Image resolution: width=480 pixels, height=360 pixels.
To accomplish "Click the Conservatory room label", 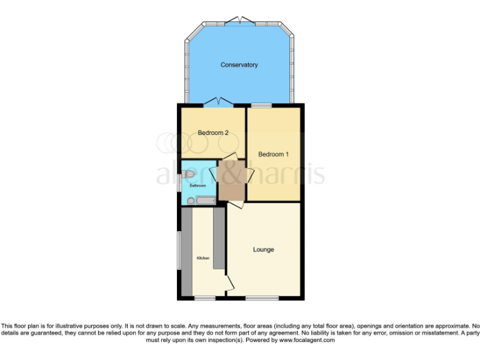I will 239,65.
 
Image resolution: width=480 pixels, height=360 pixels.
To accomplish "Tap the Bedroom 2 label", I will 213,132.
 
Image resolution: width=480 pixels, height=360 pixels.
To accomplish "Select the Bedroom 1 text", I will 273,154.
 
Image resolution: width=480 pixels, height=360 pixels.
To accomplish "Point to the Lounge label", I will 263,250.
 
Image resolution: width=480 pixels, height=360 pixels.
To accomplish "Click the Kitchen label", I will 202,257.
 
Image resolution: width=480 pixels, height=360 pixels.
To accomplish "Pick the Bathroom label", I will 197,185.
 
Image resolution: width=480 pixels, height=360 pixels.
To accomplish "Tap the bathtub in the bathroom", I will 205,200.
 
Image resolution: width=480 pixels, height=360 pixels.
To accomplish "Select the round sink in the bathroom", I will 191,201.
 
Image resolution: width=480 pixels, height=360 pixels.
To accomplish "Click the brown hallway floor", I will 231,179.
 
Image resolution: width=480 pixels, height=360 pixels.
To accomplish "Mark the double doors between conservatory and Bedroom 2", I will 218,102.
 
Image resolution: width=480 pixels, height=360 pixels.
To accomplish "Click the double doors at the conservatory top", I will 240,22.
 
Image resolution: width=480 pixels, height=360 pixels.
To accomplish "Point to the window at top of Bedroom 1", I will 261,105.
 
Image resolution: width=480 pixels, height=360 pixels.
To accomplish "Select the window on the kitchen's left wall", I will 179,252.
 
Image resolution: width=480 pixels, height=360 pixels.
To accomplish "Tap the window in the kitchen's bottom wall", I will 204,297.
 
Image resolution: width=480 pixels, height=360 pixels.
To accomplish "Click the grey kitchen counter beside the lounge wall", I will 218,239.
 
